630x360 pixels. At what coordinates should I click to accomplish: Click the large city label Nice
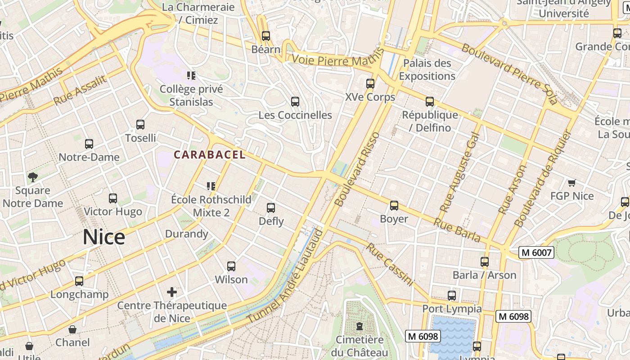pyautogui.click(x=103, y=237)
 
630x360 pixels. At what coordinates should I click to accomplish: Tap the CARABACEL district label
pyautogui.click(x=210, y=155)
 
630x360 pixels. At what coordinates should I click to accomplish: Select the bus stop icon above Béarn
pyautogui.click(x=266, y=36)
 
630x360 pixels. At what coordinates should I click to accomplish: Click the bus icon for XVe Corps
pyautogui.click(x=370, y=84)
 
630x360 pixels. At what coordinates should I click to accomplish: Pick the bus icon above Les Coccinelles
pyautogui.click(x=295, y=102)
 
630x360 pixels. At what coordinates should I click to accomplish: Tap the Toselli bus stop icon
pyautogui.click(x=140, y=125)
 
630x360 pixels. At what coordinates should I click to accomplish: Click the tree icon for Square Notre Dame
pyautogui.click(x=32, y=177)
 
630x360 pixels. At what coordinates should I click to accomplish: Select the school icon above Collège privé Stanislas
pyautogui.click(x=191, y=75)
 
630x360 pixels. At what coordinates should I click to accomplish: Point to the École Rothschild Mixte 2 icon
pyautogui.click(x=211, y=186)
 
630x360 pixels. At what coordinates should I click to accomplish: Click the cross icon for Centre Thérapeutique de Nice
pyautogui.click(x=172, y=292)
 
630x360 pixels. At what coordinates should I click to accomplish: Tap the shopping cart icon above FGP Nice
pyautogui.click(x=572, y=183)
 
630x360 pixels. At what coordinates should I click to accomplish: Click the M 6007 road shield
pyautogui.click(x=536, y=252)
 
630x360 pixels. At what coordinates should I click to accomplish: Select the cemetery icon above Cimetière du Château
pyautogui.click(x=359, y=326)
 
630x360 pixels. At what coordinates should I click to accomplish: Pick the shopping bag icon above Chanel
pyautogui.click(x=72, y=329)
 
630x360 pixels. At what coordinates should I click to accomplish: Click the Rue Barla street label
pyautogui.click(x=457, y=230)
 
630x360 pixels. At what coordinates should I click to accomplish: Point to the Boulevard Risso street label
pyautogui.click(x=358, y=169)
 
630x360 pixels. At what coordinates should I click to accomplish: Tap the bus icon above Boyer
pyautogui.click(x=394, y=206)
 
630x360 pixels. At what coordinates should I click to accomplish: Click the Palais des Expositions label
pyautogui.click(x=427, y=70)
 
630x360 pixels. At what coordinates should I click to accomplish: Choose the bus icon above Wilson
pyautogui.click(x=231, y=266)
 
